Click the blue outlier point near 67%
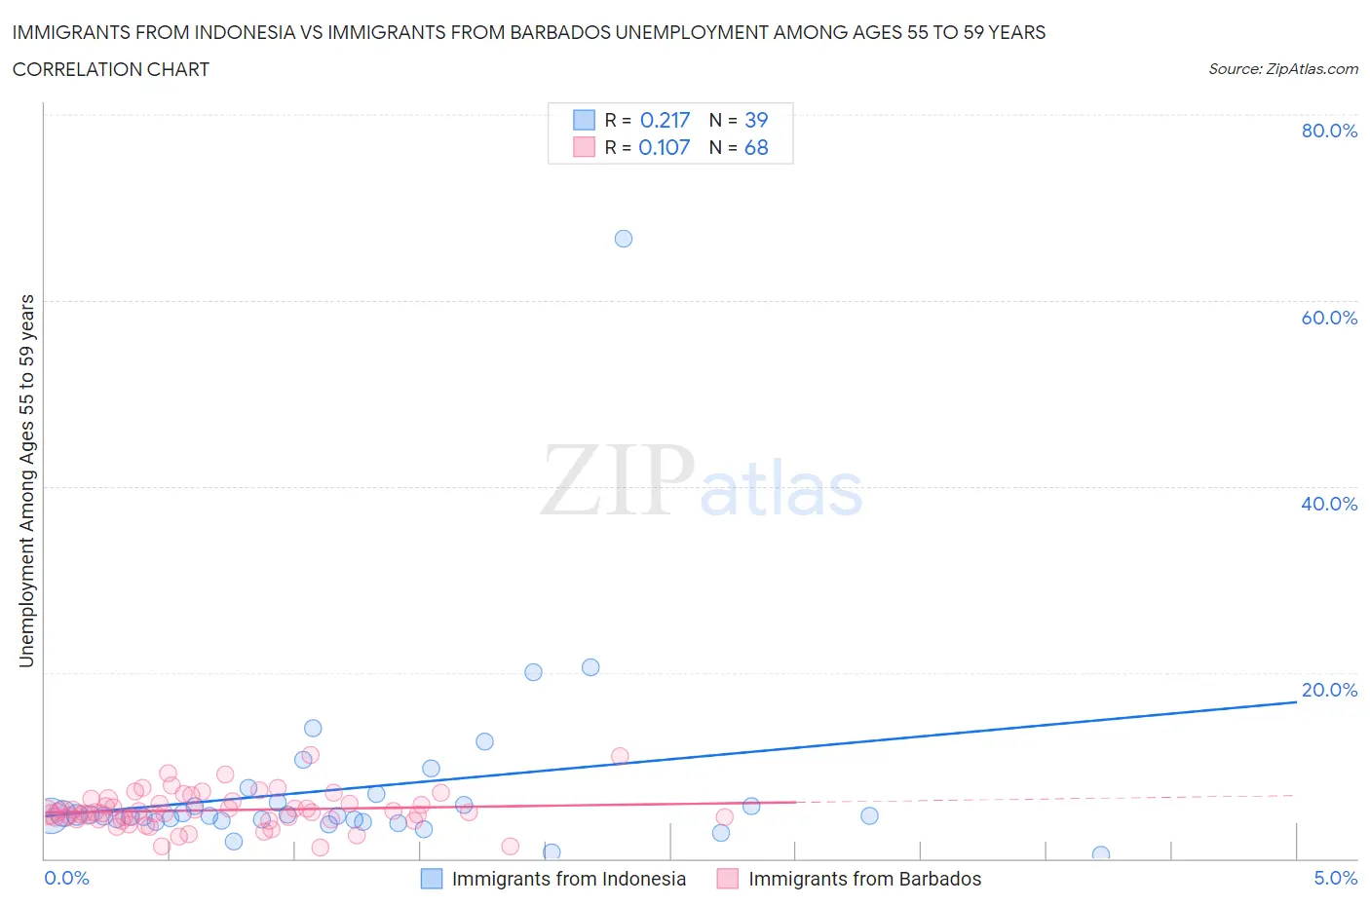pyautogui.click(x=624, y=239)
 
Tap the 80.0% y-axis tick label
pyautogui.click(x=1328, y=131)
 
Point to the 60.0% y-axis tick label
pyautogui.click(x=1328, y=318)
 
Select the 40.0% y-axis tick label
pyautogui.click(x=1328, y=504)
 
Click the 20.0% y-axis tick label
pyautogui.click(x=1328, y=690)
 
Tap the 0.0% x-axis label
pyautogui.click(x=66, y=878)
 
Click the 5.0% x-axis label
pyautogui.click(x=1335, y=878)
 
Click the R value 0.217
pyautogui.click(x=665, y=120)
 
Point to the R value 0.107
pyautogui.click(x=664, y=147)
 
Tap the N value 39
pyautogui.click(x=756, y=120)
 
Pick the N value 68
pyautogui.click(x=756, y=147)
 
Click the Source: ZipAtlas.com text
pyautogui.click(x=1282, y=68)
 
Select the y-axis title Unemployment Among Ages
pyautogui.click(x=26, y=480)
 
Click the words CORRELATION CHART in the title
pyautogui.click(x=111, y=69)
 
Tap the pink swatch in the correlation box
pyautogui.click(x=584, y=147)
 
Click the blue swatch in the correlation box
pyautogui.click(x=584, y=120)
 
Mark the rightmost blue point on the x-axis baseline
pyautogui.click(x=1100, y=854)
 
